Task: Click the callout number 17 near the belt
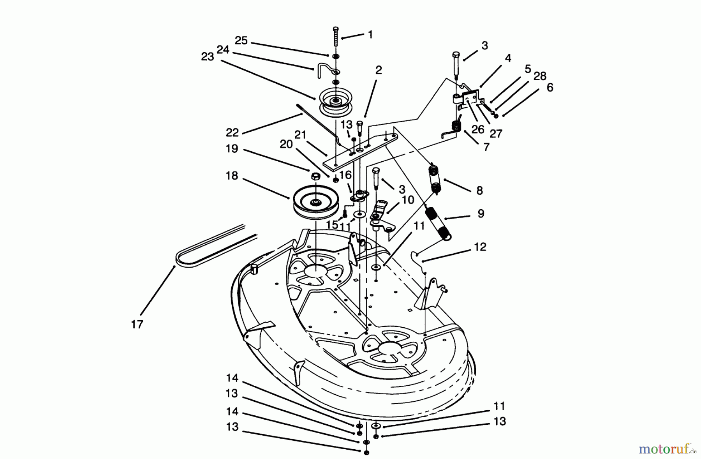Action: [x=137, y=324]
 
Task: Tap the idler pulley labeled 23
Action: [x=335, y=102]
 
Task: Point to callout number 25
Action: [x=241, y=41]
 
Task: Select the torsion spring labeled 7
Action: [x=455, y=127]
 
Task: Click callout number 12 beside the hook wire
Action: [x=480, y=247]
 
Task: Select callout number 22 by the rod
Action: [x=232, y=132]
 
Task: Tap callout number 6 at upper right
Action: [x=550, y=87]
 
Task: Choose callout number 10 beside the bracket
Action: [x=408, y=200]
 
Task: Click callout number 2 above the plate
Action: [x=378, y=70]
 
